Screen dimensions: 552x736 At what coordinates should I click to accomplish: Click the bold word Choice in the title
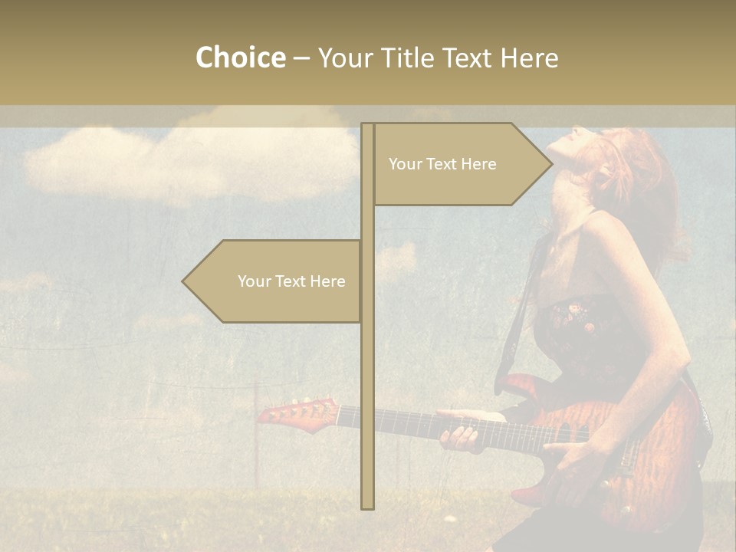(x=240, y=58)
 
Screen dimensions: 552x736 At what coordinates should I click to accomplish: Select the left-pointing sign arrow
(x=272, y=281)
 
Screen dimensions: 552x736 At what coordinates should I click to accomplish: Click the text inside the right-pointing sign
(x=442, y=164)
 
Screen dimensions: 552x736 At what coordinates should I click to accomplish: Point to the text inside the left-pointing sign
(x=291, y=281)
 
